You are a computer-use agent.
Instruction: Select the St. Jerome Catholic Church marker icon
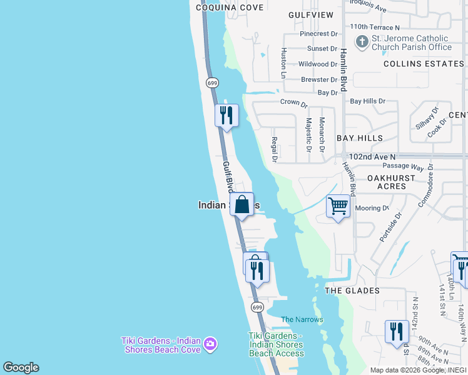point(362,42)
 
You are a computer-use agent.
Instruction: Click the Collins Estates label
point(424,64)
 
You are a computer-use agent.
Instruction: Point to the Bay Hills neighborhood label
point(360,137)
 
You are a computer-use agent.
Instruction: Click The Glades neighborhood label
point(352,291)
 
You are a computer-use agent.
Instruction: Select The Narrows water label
point(302,319)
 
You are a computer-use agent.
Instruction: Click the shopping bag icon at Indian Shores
point(242,204)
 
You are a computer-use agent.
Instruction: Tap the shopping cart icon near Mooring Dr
point(338,206)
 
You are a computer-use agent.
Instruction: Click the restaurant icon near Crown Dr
point(226,115)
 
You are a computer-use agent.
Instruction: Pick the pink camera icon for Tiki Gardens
point(210,343)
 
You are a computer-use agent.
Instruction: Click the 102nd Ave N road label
point(372,156)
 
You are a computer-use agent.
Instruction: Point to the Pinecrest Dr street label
point(318,34)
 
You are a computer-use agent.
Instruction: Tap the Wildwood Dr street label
point(318,64)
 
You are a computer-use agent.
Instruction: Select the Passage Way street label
point(404,166)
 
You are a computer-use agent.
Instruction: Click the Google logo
point(21,367)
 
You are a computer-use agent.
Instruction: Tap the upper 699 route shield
point(212,82)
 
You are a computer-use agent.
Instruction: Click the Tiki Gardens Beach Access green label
point(276,344)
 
